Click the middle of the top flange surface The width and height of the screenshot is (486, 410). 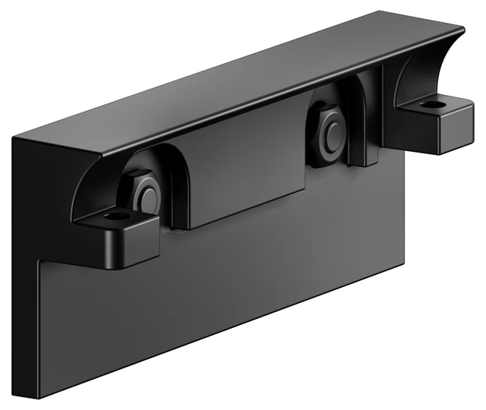tap(251, 84)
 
